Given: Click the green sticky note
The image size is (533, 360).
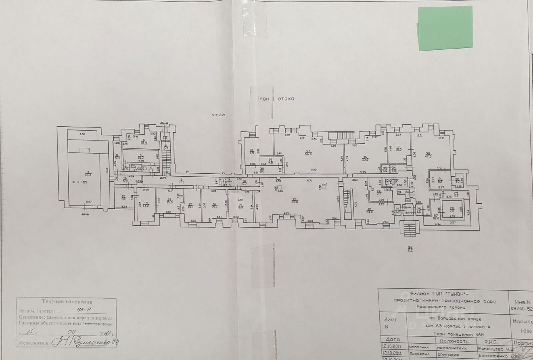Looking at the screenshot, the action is (445, 28).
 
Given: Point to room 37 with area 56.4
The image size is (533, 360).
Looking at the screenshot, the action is (309, 152).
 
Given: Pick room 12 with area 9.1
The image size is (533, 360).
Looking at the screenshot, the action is (124, 198).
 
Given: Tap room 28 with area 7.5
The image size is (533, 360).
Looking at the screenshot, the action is (451, 209).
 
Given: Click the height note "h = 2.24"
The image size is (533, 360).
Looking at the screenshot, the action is (218, 115).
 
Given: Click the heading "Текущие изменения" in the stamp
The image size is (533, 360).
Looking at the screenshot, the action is (67, 302).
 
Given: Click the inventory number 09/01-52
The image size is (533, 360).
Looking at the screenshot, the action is (523, 309).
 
